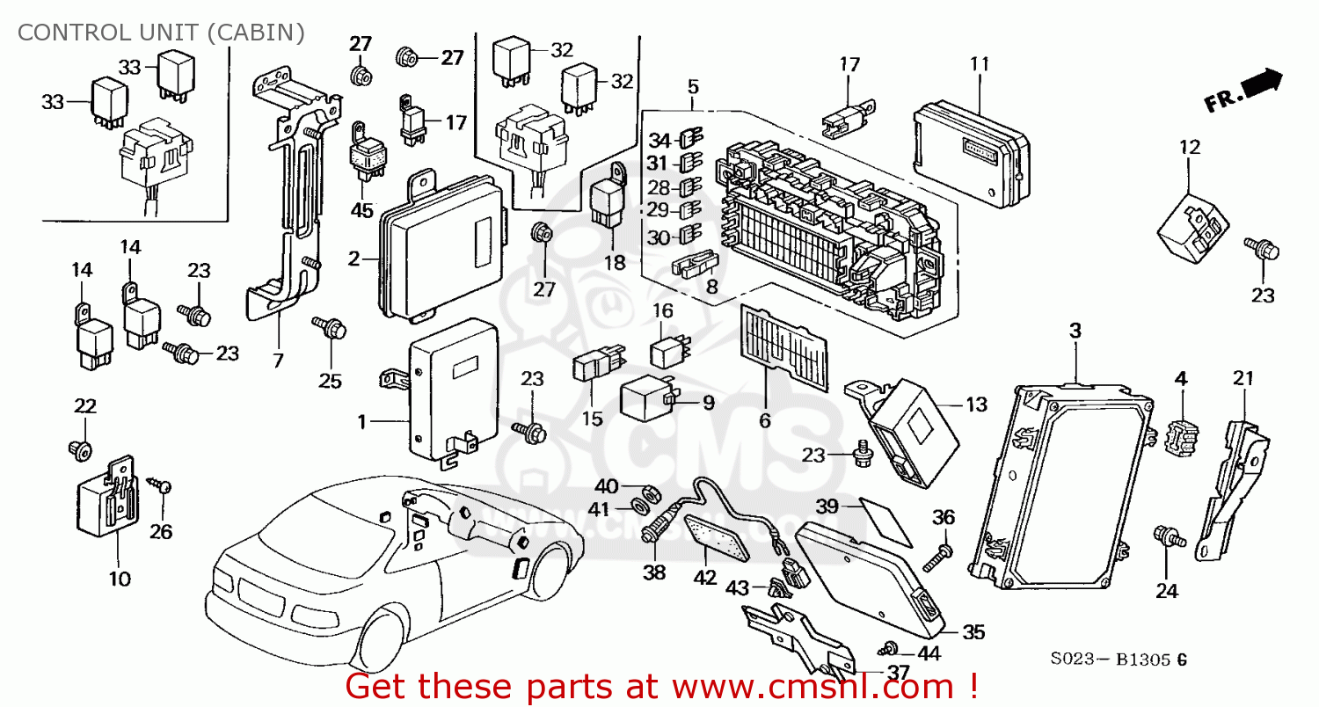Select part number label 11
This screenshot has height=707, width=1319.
coord(980,63)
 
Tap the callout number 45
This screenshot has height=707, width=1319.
coord(362,210)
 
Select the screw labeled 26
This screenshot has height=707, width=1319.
coord(160,485)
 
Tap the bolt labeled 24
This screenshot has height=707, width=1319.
coord(1169,536)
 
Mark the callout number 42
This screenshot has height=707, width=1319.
coord(706,579)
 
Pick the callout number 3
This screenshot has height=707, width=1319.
coord(1075,330)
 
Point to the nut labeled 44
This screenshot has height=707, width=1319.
coord(889,648)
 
